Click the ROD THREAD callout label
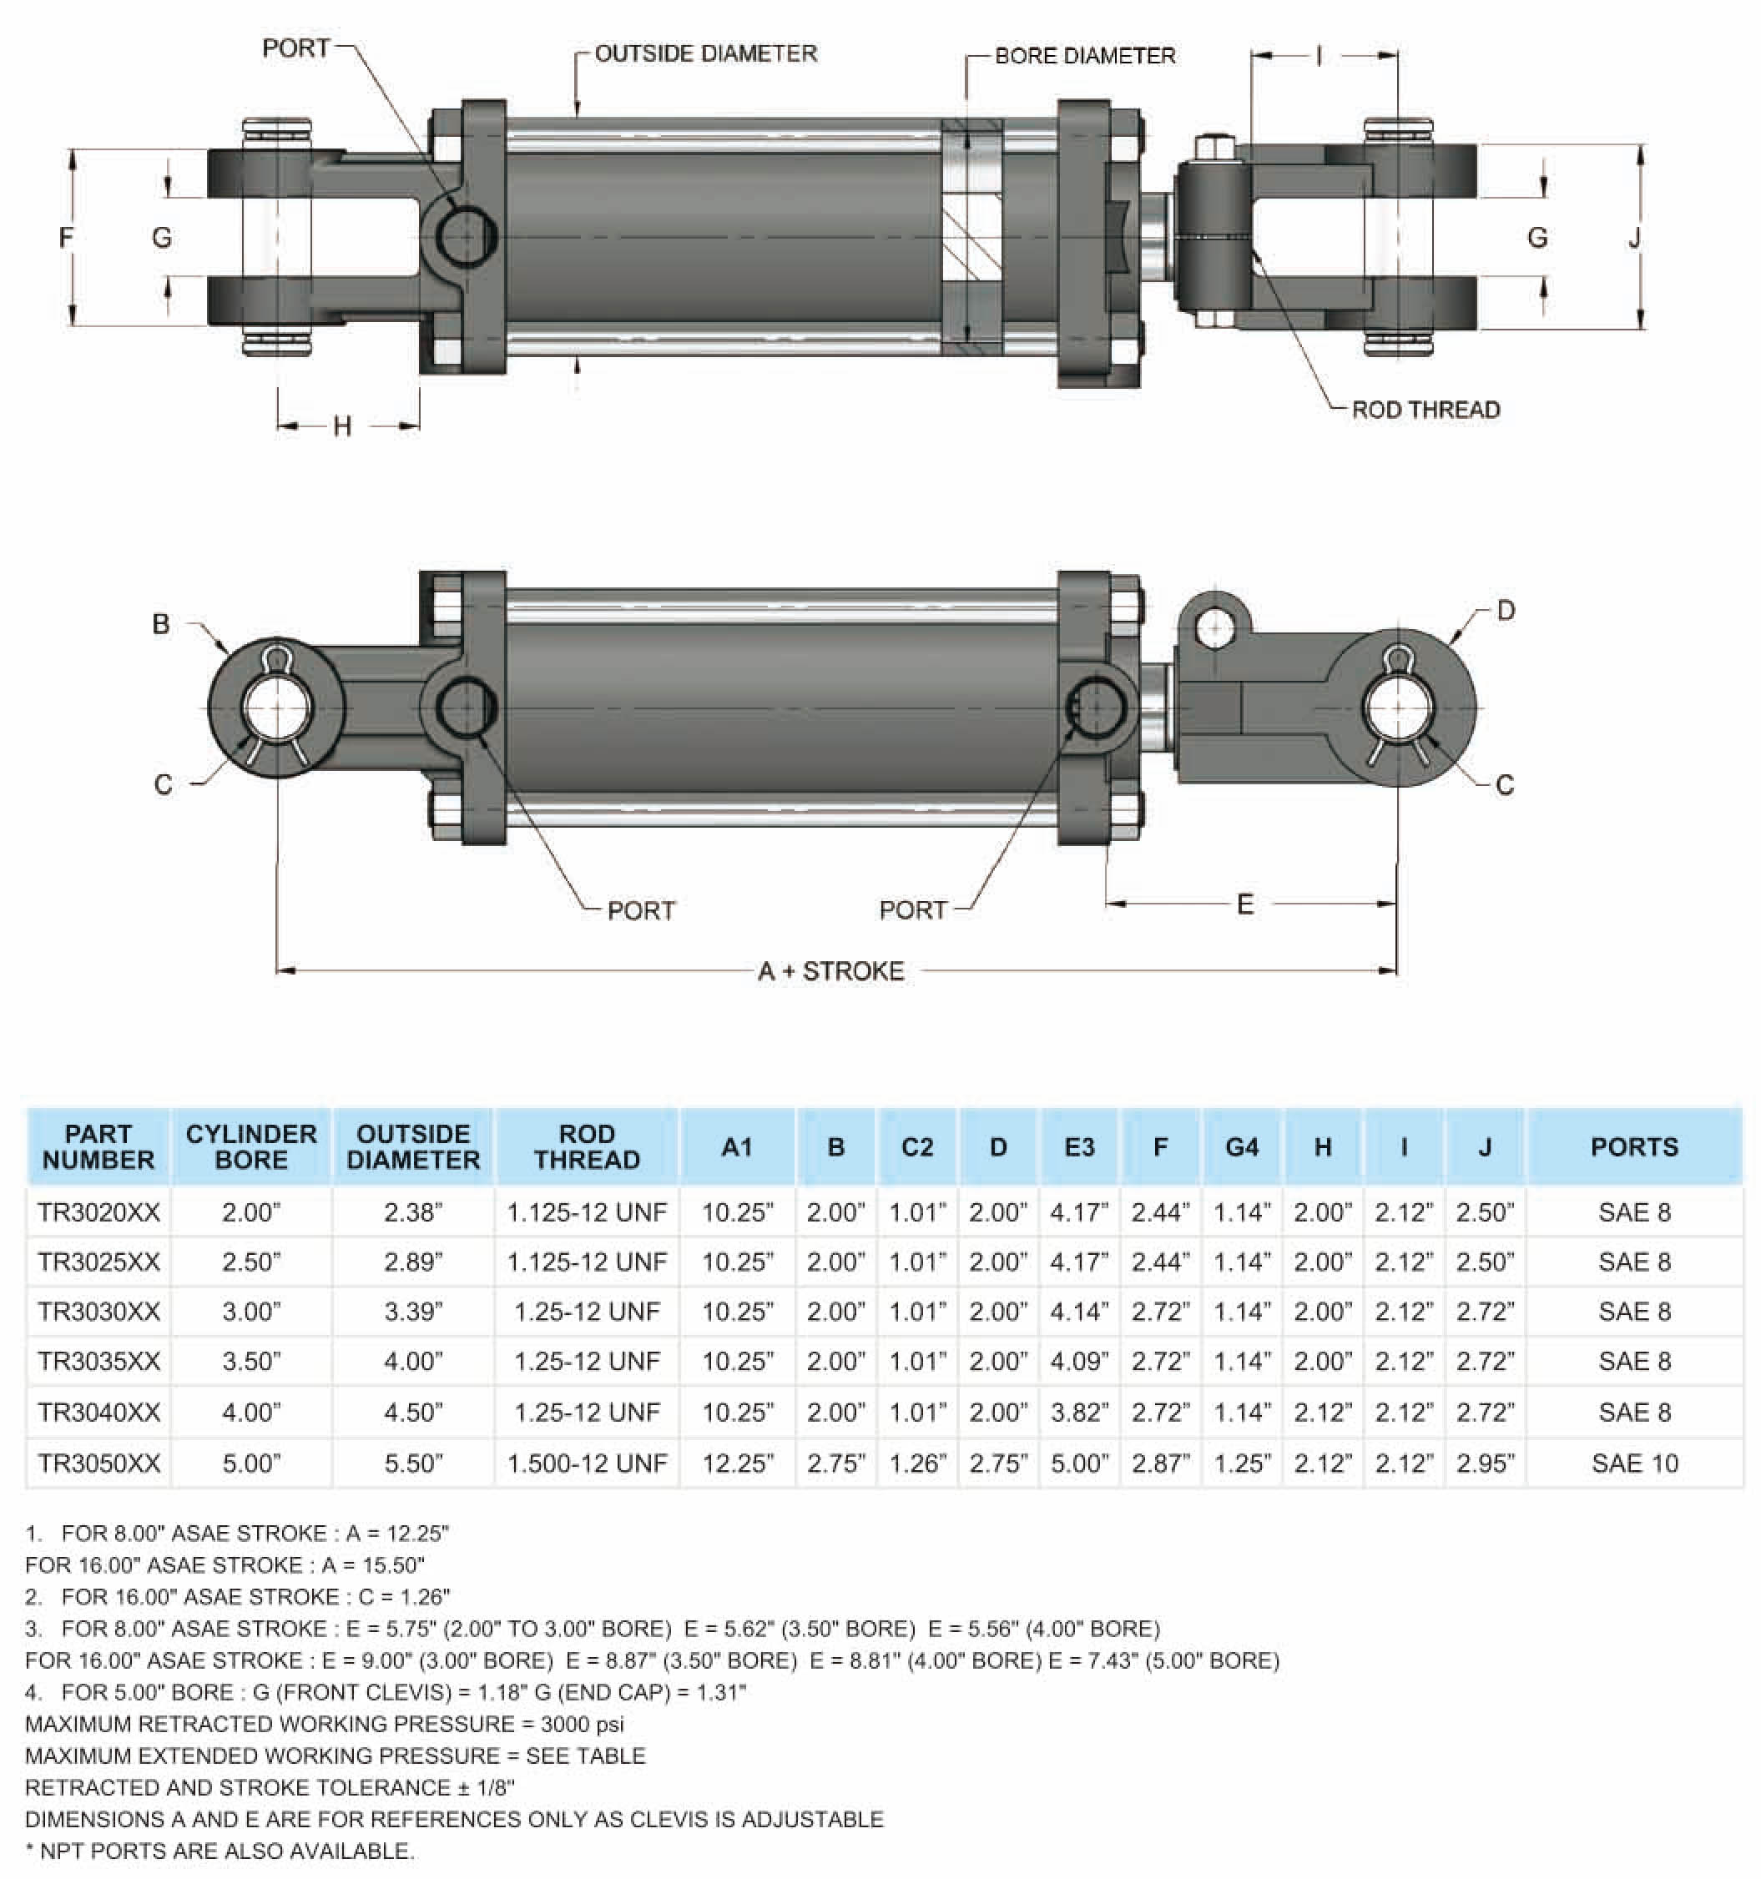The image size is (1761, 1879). coord(1425,410)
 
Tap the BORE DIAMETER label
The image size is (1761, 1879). coord(1084,56)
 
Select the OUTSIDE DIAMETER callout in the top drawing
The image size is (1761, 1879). coord(705,54)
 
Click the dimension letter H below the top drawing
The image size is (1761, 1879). coord(342,426)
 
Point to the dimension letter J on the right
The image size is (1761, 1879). coord(1634,237)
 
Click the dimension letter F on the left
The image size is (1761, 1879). coord(65,237)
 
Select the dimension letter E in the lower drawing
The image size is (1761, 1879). coord(1245,904)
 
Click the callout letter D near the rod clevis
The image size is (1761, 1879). coord(1506,611)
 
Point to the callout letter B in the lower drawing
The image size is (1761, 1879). coord(161,624)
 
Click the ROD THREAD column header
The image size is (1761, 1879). coord(586,1146)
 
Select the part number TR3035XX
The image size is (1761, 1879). coord(98,1361)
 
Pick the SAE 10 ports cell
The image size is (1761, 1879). coord(1634,1463)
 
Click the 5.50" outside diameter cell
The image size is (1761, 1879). coord(413,1463)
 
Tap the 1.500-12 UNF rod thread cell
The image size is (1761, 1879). coord(586,1463)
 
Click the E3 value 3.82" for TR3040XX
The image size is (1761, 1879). coord(1078,1412)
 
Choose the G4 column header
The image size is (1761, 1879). coord(1241,1146)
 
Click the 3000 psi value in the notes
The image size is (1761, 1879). coord(582,1724)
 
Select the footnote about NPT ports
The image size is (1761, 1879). coord(219,1851)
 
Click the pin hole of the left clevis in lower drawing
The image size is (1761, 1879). coord(276,708)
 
